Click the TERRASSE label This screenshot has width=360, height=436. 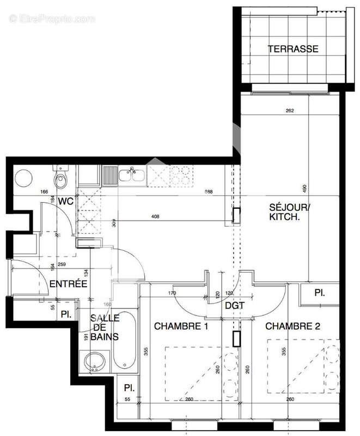pos(293,49)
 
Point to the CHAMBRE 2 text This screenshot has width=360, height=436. pos(293,326)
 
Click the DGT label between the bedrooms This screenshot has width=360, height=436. pos(233,306)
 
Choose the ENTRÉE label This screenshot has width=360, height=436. pos(68,283)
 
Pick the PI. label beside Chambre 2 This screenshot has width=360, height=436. pos(319,293)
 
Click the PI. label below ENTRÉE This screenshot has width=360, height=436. pos(66,314)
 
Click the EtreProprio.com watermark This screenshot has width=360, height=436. pos(52,19)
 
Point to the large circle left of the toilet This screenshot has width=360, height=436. pos(24,178)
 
